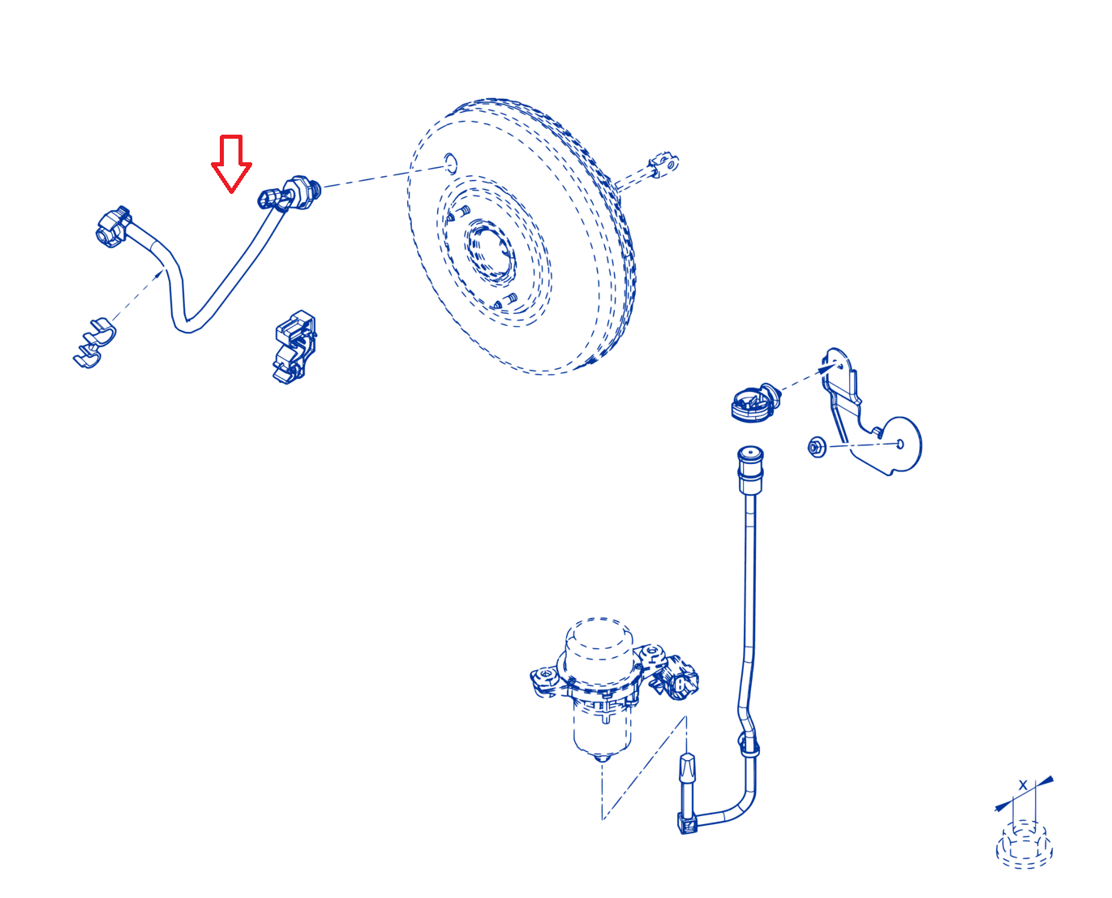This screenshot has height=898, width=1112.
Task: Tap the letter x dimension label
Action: click(1022, 784)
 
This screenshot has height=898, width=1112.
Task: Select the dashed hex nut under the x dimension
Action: click(1024, 844)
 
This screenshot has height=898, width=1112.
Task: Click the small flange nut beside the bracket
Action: click(817, 447)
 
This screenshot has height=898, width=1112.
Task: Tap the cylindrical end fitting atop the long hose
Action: click(750, 468)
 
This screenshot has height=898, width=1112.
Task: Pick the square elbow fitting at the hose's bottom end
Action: click(686, 826)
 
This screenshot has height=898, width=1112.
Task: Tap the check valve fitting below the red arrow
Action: click(290, 194)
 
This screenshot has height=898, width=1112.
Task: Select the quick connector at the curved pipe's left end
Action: click(113, 226)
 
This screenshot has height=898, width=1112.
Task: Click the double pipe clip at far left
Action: click(95, 342)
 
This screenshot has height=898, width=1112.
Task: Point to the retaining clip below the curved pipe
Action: click(294, 347)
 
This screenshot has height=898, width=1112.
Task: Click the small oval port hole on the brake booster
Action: click(449, 163)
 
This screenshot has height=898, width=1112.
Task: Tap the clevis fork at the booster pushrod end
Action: click(663, 164)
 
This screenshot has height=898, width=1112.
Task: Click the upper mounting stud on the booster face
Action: click(458, 213)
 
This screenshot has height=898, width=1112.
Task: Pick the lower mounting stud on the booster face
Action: click(504, 301)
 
